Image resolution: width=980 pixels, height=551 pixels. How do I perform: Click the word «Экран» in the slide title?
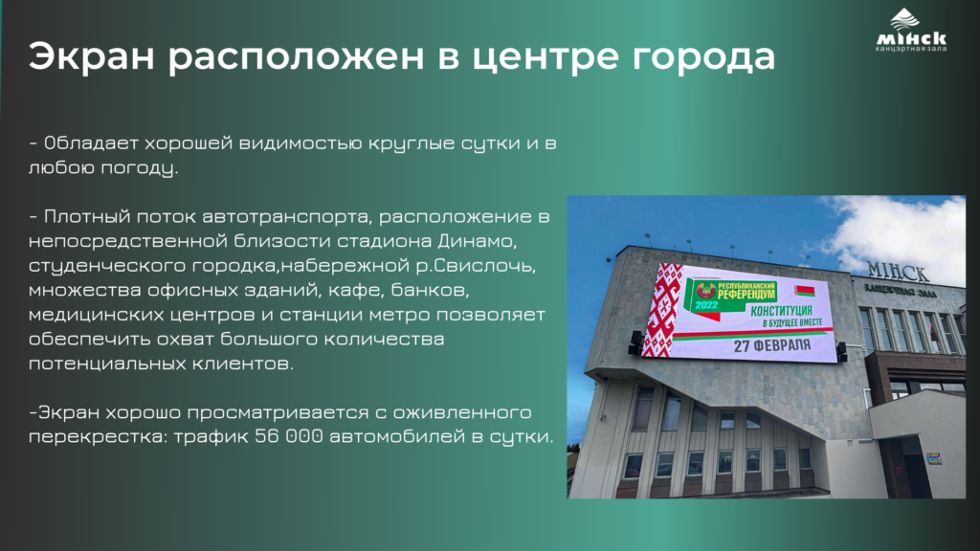coord(91,55)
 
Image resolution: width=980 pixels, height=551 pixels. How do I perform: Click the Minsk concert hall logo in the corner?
coord(911,30)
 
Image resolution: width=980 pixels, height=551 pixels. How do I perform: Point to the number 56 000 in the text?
coord(289,436)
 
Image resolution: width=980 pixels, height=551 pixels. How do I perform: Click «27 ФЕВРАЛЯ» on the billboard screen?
coord(772,344)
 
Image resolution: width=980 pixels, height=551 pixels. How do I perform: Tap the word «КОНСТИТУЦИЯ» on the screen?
coord(781,311)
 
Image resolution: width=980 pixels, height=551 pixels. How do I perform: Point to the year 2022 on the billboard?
coord(706,305)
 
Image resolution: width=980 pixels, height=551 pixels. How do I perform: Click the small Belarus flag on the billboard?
coord(804,291)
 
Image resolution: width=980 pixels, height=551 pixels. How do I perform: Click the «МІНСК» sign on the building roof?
coord(898,271)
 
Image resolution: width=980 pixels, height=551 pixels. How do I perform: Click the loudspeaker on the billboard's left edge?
coord(635,342)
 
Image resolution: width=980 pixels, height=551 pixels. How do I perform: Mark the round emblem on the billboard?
coord(705,290)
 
